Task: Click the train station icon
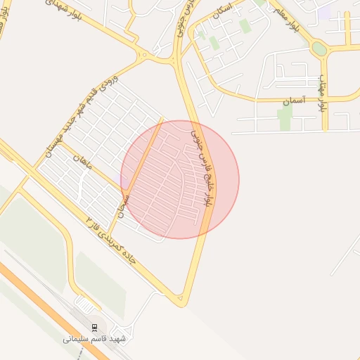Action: point(94,327)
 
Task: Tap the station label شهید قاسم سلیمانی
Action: point(94,339)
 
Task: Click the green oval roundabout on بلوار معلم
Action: point(319,49)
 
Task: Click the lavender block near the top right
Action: point(324,13)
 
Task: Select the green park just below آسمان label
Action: point(285,118)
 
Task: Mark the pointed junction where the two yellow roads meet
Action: point(182,302)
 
